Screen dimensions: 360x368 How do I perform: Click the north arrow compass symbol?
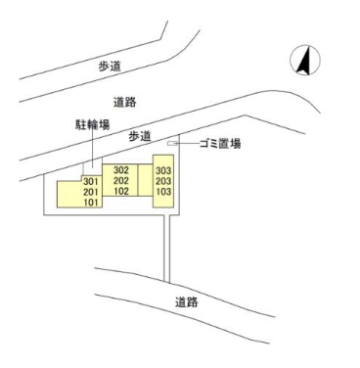tap(305, 61)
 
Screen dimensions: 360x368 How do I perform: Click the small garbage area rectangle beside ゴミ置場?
tap(173, 145)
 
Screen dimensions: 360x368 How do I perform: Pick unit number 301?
tap(93, 182)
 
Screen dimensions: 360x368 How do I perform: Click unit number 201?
tap(93, 193)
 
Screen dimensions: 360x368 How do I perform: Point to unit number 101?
tap(93, 204)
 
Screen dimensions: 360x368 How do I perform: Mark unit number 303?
tap(164, 170)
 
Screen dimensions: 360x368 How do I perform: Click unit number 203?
tap(164, 182)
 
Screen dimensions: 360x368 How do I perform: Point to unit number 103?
tap(164, 193)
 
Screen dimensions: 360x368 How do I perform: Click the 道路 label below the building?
tap(187, 302)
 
